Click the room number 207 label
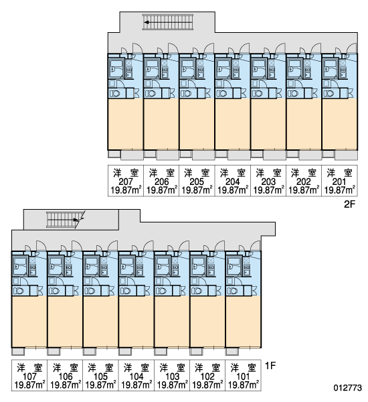(x=126, y=182)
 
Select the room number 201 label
(x=339, y=182)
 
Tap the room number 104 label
(x=136, y=377)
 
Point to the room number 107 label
(x=29, y=377)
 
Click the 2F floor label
(x=349, y=204)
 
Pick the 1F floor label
(x=270, y=366)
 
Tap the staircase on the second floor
(x=168, y=22)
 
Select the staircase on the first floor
(x=64, y=220)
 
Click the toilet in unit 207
(x=114, y=94)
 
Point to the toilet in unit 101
(x=233, y=291)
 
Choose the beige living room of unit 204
(x=233, y=124)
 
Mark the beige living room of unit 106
(x=65, y=322)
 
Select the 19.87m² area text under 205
(x=197, y=190)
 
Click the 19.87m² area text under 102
(x=207, y=385)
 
